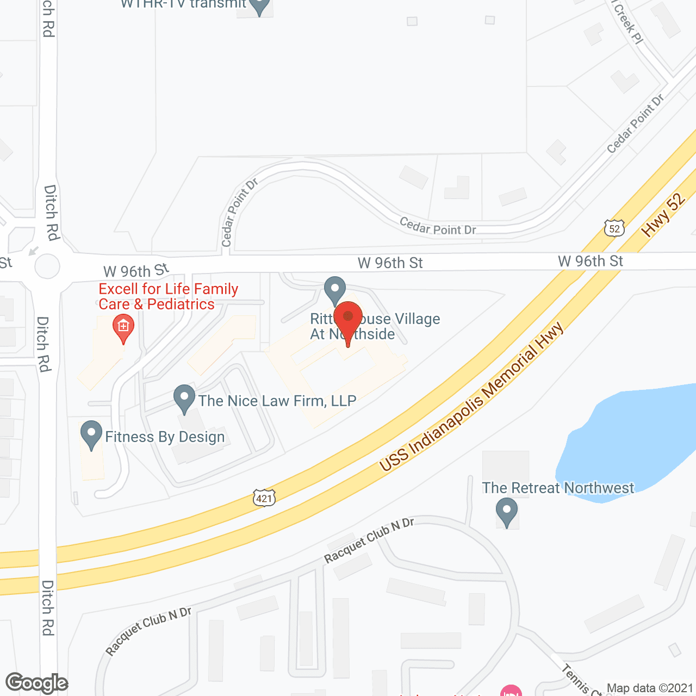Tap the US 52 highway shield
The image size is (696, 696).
click(x=614, y=228)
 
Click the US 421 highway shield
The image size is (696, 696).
click(x=264, y=498)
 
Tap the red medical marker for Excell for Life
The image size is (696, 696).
click(x=123, y=327)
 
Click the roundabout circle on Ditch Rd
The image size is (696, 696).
click(x=47, y=267)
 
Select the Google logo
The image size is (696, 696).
click(x=37, y=683)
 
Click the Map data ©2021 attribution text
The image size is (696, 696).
click(x=650, y=688)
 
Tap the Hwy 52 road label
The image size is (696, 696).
click(x=663, y=215)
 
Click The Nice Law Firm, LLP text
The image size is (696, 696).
click(x=277, y=401)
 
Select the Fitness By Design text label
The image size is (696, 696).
click(x=165, y=437)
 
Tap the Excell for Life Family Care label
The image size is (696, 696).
click(x=169, y=296)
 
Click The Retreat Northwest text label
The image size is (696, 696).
click(x=558, y=488)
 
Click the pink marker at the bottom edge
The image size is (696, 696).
click(x=511, y=692)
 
